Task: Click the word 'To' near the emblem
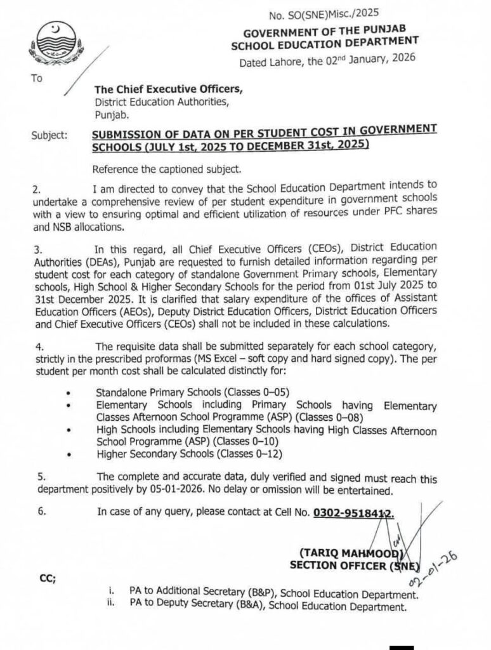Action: (x=36, y=79)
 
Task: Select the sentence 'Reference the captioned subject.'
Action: (x=166, y=169)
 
